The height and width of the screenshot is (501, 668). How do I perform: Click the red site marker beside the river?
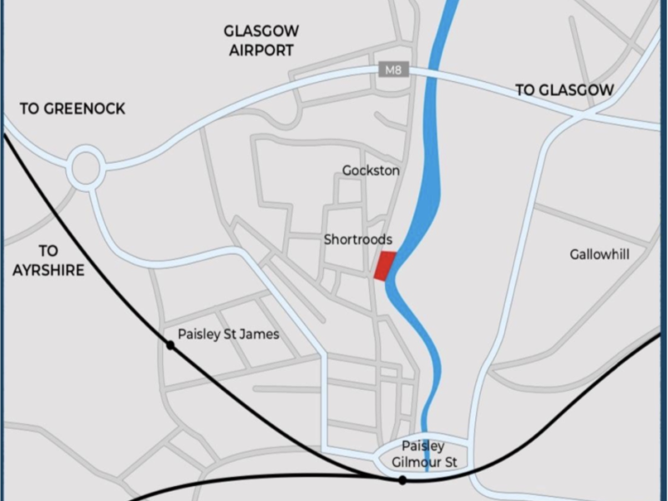point(384,266)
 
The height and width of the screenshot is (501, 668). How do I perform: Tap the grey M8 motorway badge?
point(393,70)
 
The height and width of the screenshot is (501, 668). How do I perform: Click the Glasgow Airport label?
point(261,41)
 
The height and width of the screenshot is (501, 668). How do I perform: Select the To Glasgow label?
point(564,90)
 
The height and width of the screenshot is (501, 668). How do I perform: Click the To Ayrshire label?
point(48,261)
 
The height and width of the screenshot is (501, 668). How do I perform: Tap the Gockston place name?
point(371,170)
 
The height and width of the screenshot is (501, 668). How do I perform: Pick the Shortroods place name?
point(358,240)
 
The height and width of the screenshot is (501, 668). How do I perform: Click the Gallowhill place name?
point(600,254)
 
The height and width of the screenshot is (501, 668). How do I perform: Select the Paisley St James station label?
point(228,334)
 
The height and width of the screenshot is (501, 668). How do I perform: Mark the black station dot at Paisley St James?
point(170,345)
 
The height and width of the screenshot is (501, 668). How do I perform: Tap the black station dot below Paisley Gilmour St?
point(402,480)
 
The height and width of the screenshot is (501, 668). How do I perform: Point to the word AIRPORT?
point(261,50)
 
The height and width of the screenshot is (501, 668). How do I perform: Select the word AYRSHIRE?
point(48,271)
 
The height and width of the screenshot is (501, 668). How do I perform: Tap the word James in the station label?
point(259,334)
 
